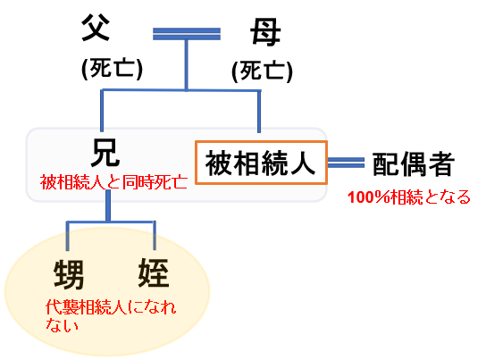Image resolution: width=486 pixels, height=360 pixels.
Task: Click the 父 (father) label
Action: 96,28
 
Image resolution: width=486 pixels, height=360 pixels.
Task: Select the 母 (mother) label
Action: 265,32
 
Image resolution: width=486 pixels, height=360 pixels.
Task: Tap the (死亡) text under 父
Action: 113,68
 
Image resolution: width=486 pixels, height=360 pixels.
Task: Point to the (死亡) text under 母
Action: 262,71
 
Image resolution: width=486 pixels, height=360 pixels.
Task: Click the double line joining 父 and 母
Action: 187,34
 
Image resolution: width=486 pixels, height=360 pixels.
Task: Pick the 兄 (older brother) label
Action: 105,153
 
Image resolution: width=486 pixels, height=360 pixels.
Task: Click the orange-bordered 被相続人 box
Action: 261,163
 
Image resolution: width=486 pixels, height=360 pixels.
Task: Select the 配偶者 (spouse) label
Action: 414,164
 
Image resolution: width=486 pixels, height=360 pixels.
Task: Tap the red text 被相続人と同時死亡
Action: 113,182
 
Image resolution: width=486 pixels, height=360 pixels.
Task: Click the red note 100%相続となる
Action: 409,197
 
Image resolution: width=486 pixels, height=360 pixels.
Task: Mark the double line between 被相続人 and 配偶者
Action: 346,163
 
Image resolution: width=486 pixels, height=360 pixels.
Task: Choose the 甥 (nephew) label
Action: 69,274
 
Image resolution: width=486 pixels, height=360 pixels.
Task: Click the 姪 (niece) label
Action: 154,272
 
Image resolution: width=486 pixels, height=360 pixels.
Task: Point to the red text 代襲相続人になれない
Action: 111,315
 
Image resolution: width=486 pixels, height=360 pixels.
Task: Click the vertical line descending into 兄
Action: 101,111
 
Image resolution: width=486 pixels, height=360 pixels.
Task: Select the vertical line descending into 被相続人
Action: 259,112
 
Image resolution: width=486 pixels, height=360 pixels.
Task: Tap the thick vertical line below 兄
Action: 108,205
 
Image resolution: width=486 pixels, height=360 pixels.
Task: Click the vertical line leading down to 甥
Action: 67,236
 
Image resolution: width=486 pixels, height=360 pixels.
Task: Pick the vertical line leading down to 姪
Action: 155,236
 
